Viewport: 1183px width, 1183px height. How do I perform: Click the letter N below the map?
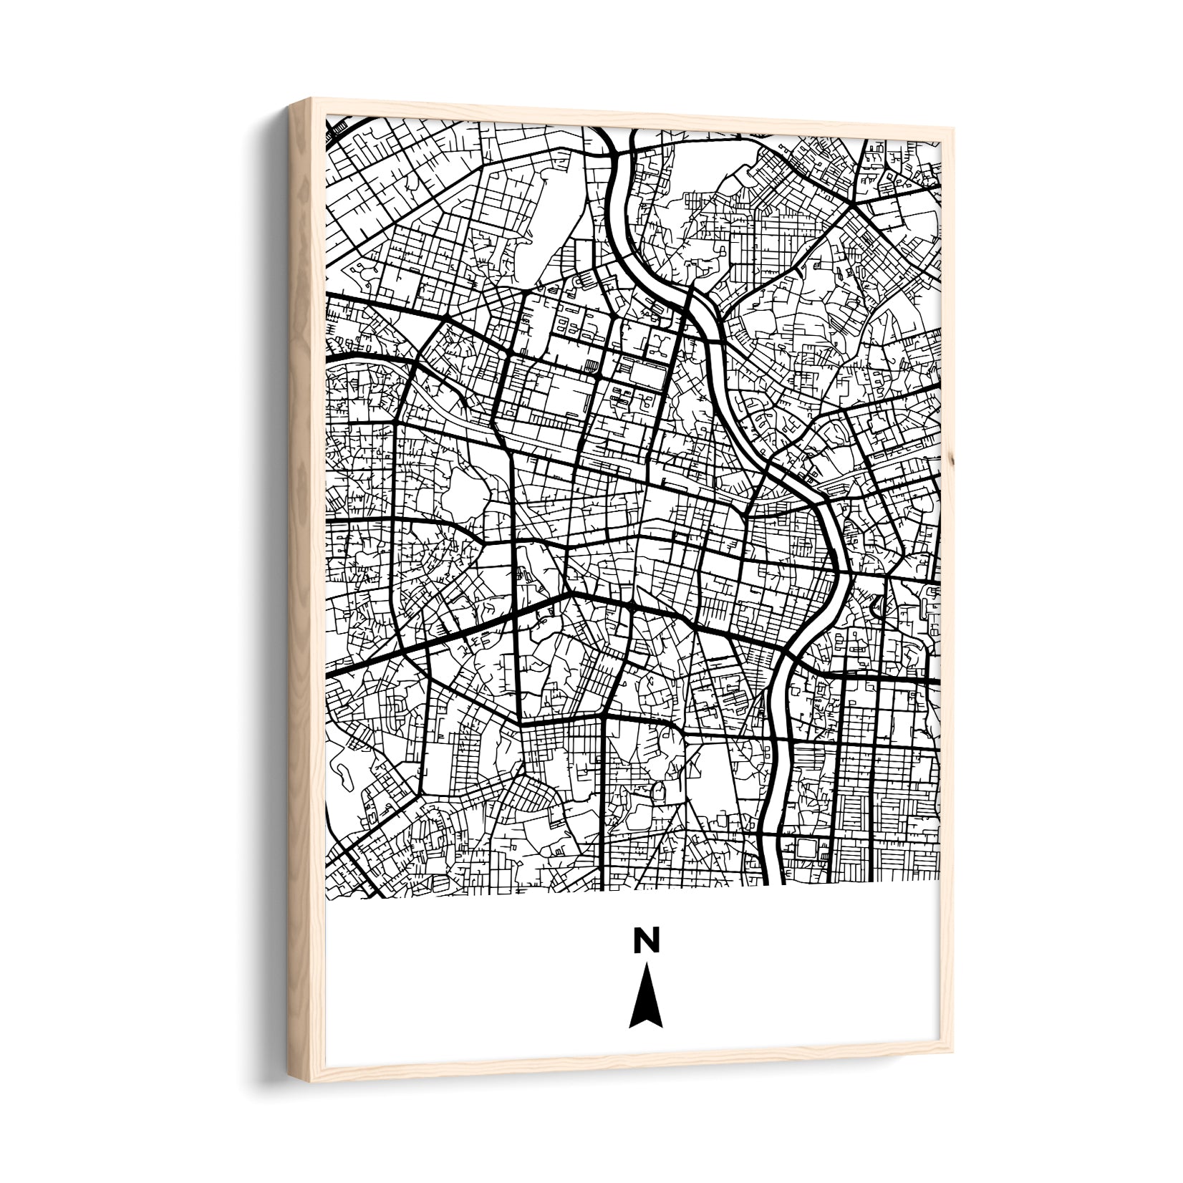point(645,940)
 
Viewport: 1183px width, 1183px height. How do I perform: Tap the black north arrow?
point(645,995)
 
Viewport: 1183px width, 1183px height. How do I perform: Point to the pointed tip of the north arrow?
point(645,964)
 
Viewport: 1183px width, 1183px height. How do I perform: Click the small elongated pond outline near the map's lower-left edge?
point(342,773)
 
